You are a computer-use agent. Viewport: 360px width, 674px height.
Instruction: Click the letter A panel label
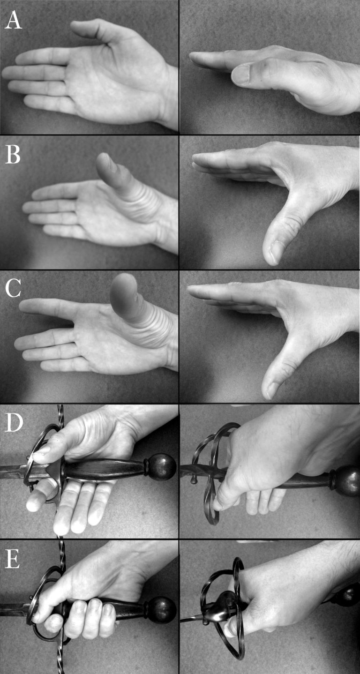13,20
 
